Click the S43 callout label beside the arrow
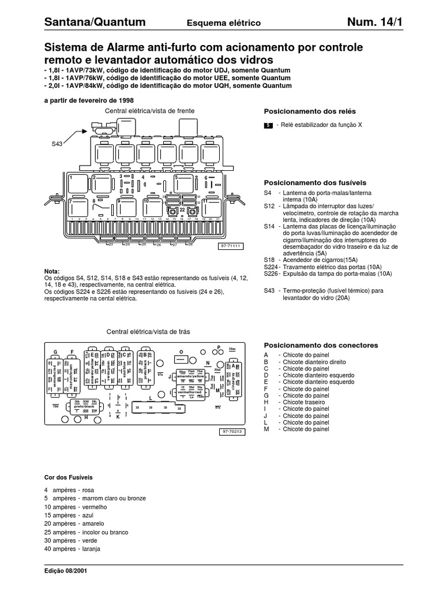pyautogui.click(x=57, y=145)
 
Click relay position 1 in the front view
pyautogui.click(x=70, y=178)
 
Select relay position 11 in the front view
pyautogui.click(x=205, y=201)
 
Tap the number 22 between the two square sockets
pyautogui.click(x=182, y=211)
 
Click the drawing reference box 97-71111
pyautogui.click(x=229, y=246)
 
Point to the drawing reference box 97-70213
pyautogui.click(x=232, y=431)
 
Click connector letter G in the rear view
pyautogui.click(x=56, y=351)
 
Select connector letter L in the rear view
pyautogui.click(x=150, y=398)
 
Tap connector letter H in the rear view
pyautogui.click(x=85, y=416)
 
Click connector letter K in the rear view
pyautogui.click(x=118, y=417)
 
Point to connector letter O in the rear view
pyautogui.click(x=181, y=351)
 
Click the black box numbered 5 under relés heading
pyautogui.click(x=268, y=125)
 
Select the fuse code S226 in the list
pyautogui.click(x=271, y=274)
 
